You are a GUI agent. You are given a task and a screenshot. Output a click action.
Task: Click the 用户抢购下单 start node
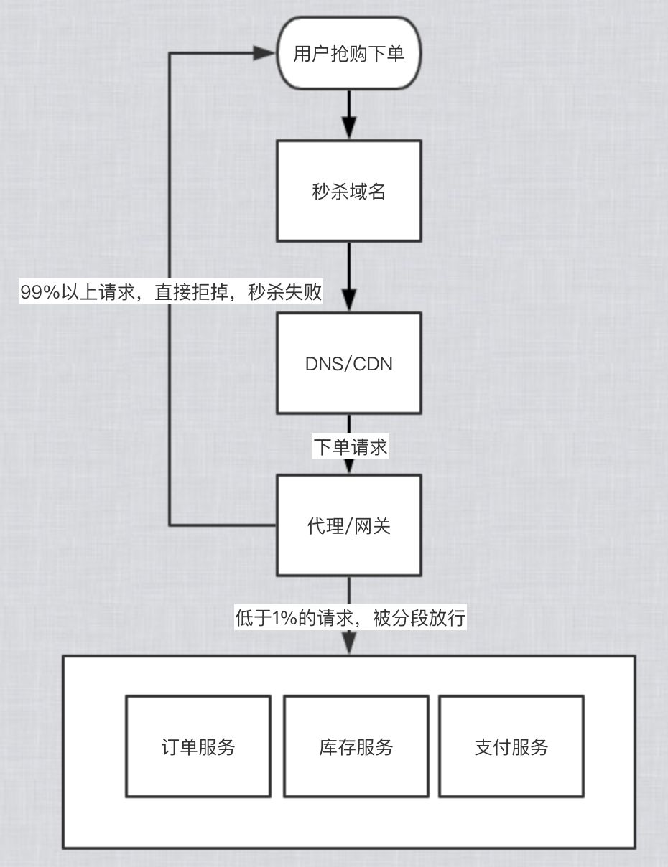coord(349,53)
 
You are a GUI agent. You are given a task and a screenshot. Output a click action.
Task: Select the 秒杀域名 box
coord(349,191)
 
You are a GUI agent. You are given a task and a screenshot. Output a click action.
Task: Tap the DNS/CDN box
coord(349,363)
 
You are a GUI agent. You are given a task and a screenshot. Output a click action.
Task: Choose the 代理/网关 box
coord(349,525)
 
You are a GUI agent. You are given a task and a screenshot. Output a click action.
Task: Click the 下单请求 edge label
coord(351,446)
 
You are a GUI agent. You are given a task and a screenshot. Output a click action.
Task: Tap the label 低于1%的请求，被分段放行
coord(351,618)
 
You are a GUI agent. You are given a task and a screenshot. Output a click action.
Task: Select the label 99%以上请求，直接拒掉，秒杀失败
coord(171,292)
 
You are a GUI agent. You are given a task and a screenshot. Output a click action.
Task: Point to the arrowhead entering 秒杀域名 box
coord(349,128)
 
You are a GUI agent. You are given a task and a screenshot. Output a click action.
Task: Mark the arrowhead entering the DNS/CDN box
coord(349,300)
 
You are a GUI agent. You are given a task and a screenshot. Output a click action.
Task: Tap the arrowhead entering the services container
coord(349,643)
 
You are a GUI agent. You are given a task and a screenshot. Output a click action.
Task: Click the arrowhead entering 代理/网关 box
coord(349,467)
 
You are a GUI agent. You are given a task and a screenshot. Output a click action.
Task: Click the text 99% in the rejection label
coord(40,292)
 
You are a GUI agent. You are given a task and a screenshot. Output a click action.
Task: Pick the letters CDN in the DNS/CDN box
coord(373,364)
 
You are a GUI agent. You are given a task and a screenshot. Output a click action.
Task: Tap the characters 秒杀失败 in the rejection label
coord(284,292)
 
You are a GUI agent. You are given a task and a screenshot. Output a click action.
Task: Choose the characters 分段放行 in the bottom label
coord(428,618)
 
